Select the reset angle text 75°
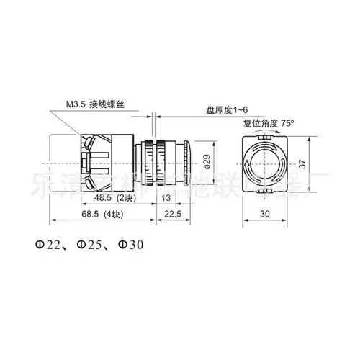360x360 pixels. pos(289,122)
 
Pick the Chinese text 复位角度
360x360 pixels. pos(262,122)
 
